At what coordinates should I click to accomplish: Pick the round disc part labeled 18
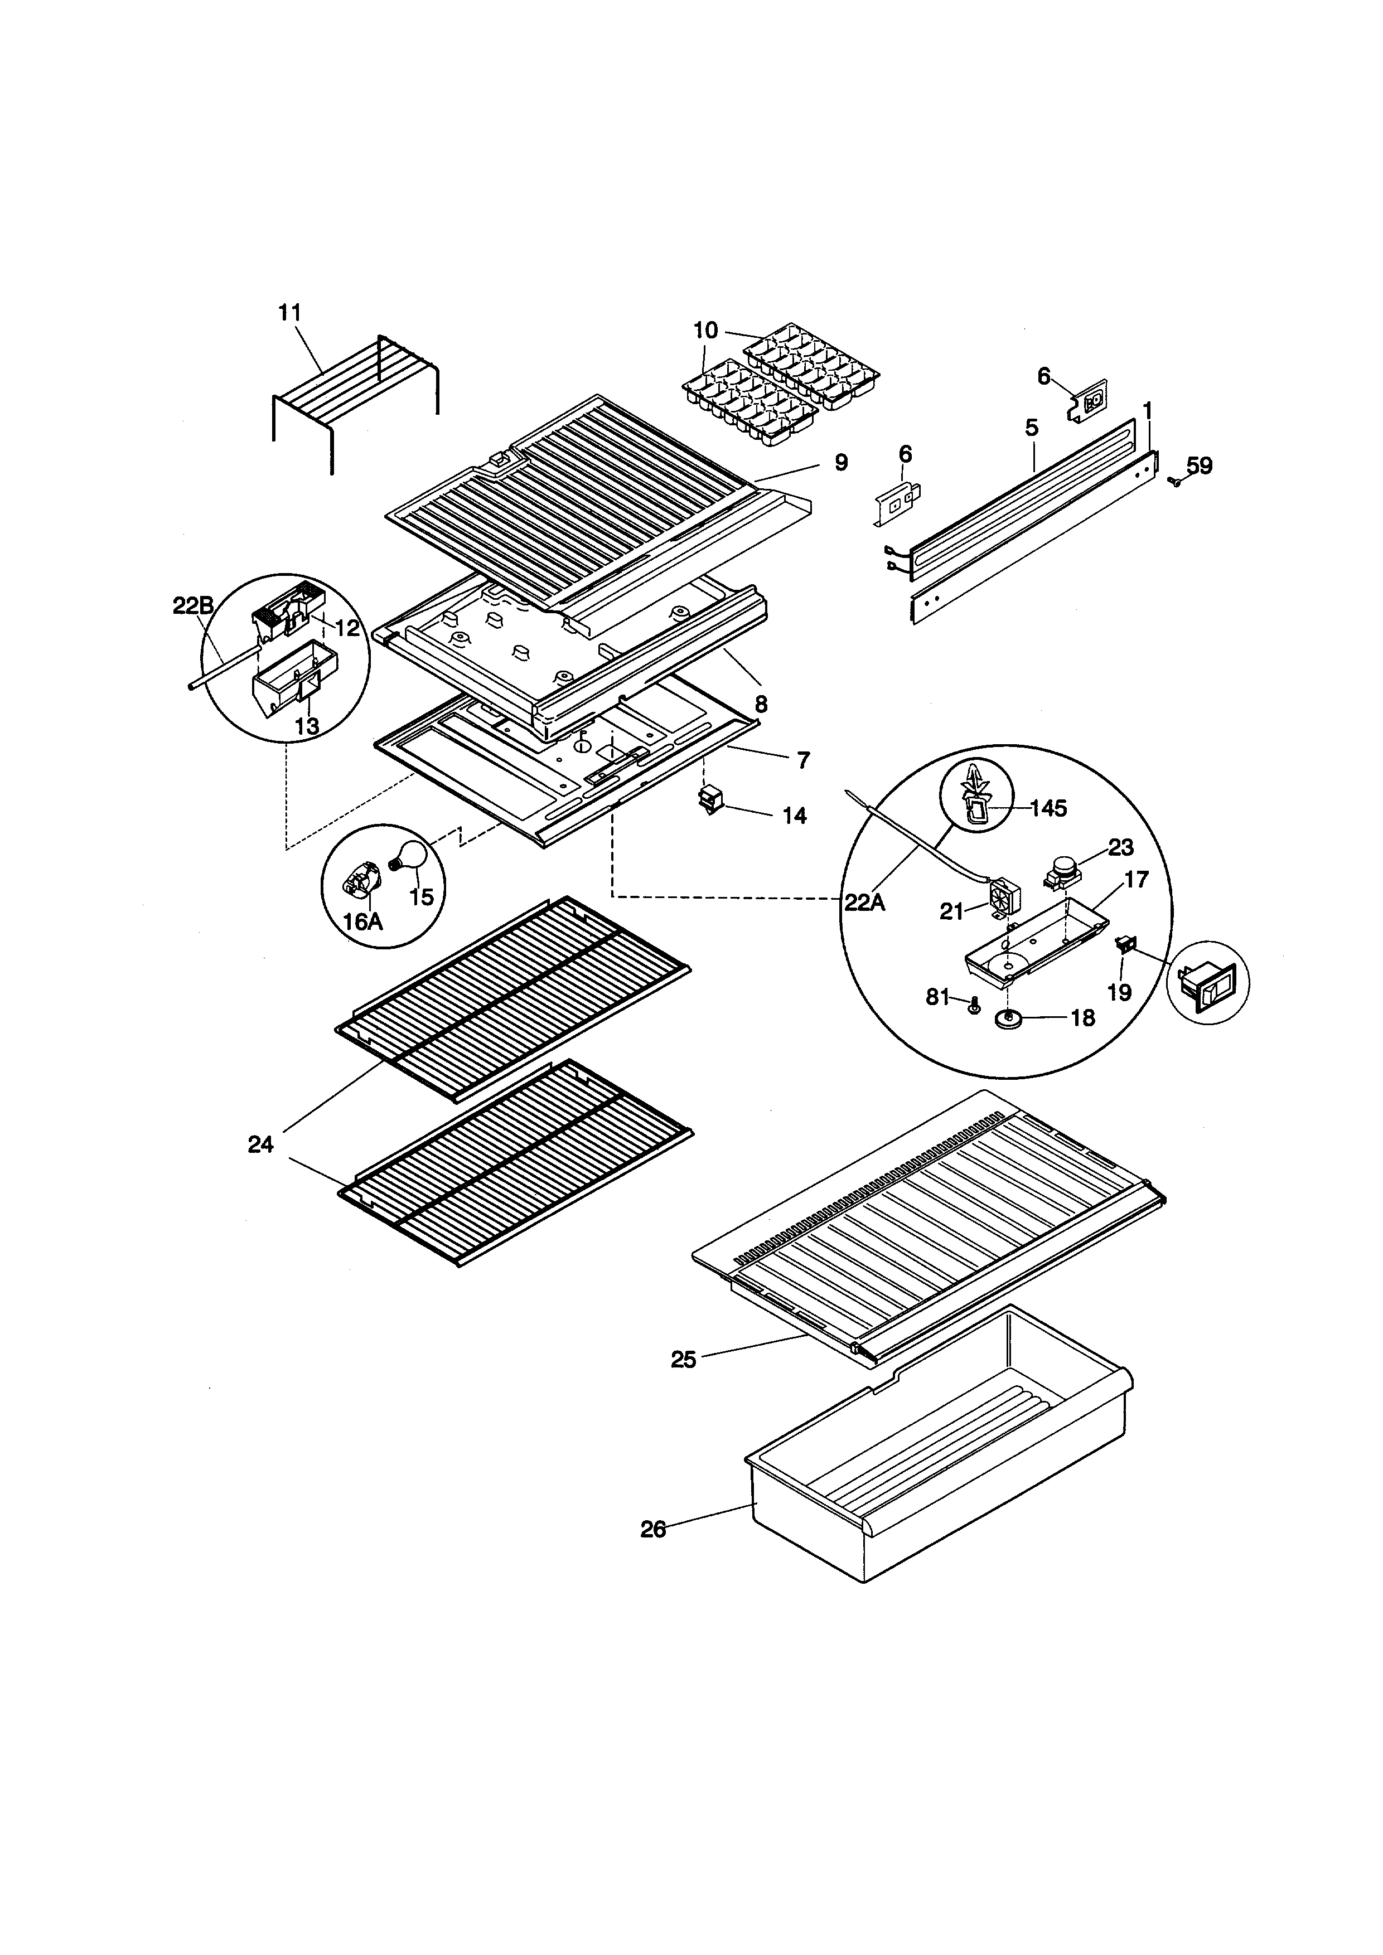(1009, 1019)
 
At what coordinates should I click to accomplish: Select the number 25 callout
(683, 1360)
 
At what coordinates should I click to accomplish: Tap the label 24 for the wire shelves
(260, 1145)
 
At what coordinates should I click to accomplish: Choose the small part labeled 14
(709, 801)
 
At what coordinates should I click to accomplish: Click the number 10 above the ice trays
(706, 329)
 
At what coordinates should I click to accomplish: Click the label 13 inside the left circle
(307, 726)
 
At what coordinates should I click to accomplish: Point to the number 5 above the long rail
(1032, 428)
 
